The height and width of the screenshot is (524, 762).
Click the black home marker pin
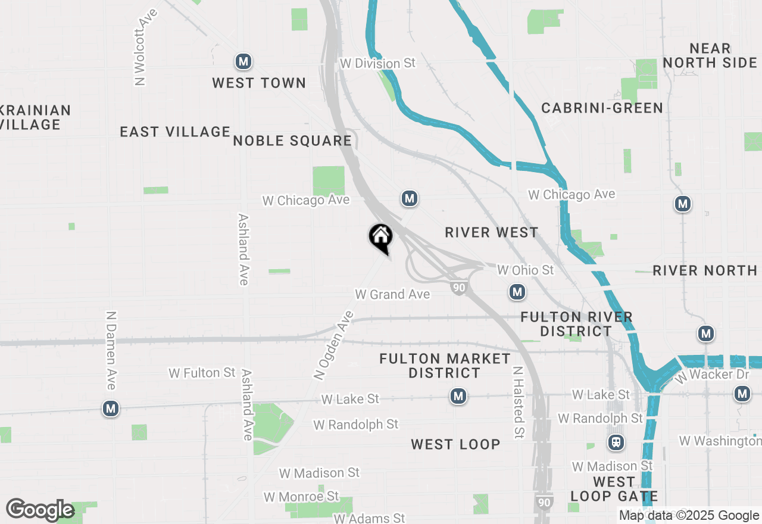click(380, 237)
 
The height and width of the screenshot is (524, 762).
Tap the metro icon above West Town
click(243, 61)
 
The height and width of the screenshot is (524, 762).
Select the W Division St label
click(377, 63)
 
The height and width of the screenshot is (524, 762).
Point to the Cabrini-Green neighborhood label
click(602, 108)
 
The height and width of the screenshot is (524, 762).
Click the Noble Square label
click(292, 141)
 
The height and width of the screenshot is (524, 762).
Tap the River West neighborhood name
click(491, 232)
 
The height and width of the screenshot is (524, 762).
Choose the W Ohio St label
click(525, 270)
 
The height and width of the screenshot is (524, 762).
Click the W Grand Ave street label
click(392, 294)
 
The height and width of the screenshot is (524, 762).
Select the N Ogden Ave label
click(334, 345)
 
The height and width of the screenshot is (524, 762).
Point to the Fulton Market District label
click(445, 366)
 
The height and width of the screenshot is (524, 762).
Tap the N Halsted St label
click(518, 403)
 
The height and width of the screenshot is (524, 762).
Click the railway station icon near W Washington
click(616, 442)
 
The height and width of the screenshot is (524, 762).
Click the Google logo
click(40, 510)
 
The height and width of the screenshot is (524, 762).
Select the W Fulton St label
click(202, 373)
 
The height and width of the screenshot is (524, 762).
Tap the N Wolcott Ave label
click(140, 47)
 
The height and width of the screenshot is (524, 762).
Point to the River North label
click(705, 270)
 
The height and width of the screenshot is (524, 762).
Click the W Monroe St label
click(301, 496)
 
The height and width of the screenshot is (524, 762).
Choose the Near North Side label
click(710, 55)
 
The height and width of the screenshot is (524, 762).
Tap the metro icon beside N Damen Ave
click(110, 408)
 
